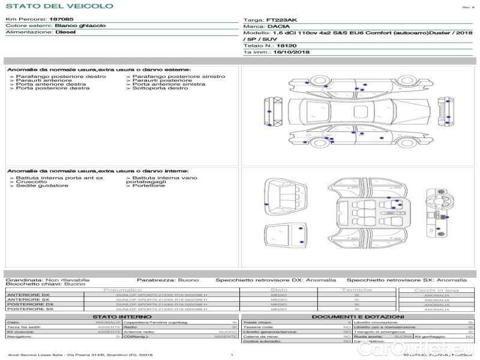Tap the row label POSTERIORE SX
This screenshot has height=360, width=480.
(x=29, y=310)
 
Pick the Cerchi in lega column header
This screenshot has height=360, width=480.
(x=436, y=290)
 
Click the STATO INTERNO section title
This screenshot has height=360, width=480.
(x=122, y=317)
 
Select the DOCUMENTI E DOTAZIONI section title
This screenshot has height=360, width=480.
(x=358, y=317)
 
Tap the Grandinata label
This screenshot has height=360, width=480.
(x=23, y=280)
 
